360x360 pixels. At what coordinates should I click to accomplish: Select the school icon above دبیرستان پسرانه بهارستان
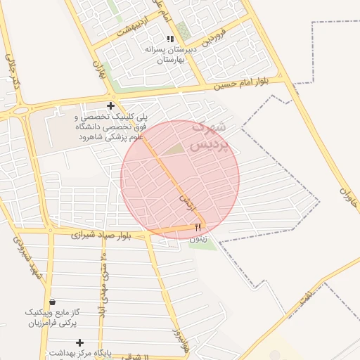click(x=169, y=39)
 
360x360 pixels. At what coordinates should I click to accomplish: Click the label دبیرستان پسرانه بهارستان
click(x=169, y=56)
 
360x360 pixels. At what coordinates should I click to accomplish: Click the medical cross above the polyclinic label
click(x=110, y=105)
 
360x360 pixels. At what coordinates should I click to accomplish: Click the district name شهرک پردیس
click(x=214, y=137)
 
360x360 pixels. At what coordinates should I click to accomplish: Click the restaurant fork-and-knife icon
click(x=198, y=227)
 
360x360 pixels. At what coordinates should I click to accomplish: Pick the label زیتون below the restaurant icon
click(x=198, y=239)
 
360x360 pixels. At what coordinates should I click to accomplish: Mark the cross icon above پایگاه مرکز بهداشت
click(x=79, y=342)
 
